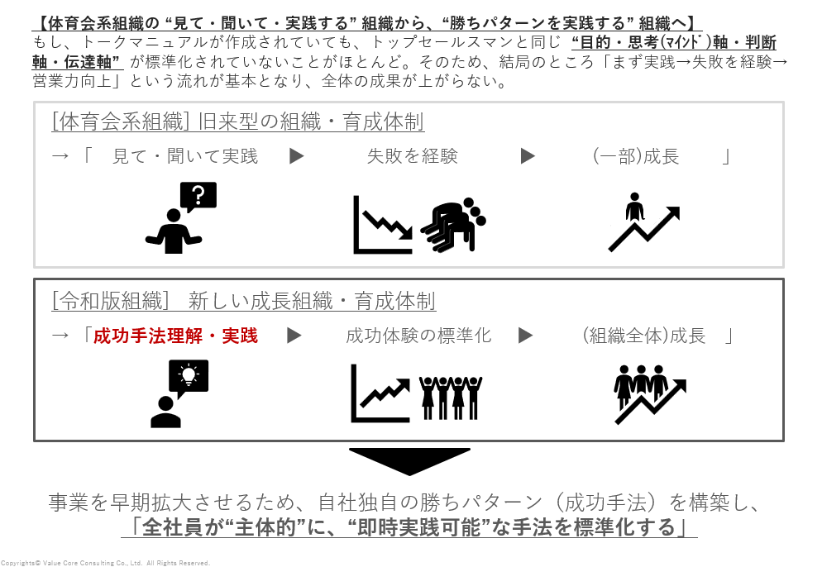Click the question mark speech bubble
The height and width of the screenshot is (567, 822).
tap(198, 196)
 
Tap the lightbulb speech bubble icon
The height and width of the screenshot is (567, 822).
tap(189, 377)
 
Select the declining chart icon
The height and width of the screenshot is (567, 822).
tap(382, 226)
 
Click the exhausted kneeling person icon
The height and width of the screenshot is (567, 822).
tap(453, 224)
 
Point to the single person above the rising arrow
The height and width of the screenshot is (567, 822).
tap(635, 207)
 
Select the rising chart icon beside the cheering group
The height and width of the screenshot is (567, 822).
tap(380, 393)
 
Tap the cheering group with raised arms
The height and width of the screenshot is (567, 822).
tap(451, 398)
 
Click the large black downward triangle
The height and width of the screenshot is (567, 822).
tap(409, 460)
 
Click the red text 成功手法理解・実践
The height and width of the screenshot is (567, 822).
tap(175, 336)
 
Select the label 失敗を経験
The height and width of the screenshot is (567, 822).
tap(413, 156)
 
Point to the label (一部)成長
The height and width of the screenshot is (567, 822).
tap(635, 156)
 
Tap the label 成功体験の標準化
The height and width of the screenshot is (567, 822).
tap(419, 336)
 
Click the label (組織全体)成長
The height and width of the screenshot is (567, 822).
tap(643, 336)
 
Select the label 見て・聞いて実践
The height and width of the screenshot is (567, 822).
tap(185, 156)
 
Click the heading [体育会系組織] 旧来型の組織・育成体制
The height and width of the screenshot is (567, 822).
tap(238, 121)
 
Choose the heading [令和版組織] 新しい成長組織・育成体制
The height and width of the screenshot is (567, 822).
tap(244, 302)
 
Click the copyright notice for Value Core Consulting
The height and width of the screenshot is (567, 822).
tap(105, 563)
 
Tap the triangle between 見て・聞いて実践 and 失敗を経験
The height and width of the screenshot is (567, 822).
tap(297, 156)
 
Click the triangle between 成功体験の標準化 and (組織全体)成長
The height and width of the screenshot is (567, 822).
tap(525, 336)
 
